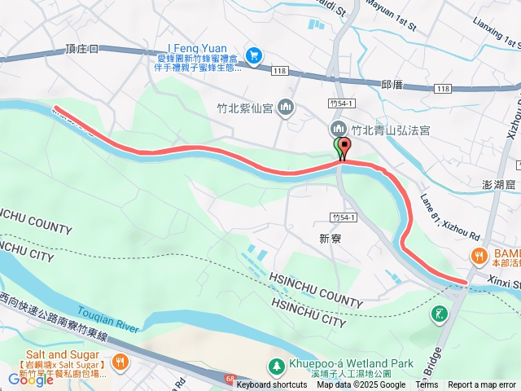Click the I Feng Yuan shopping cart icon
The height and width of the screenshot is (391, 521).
coord(254,55)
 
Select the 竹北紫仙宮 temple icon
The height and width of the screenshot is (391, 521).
coord(286,107)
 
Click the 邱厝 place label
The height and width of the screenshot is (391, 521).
coord(392,84)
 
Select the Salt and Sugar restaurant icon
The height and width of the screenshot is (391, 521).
coord(120,361)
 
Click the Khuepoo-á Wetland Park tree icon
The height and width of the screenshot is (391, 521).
coord(276,365)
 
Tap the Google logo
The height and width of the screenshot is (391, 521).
coord(30,379)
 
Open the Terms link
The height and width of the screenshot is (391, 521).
coord(427,385)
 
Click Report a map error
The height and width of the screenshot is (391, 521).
coord(481,385)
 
